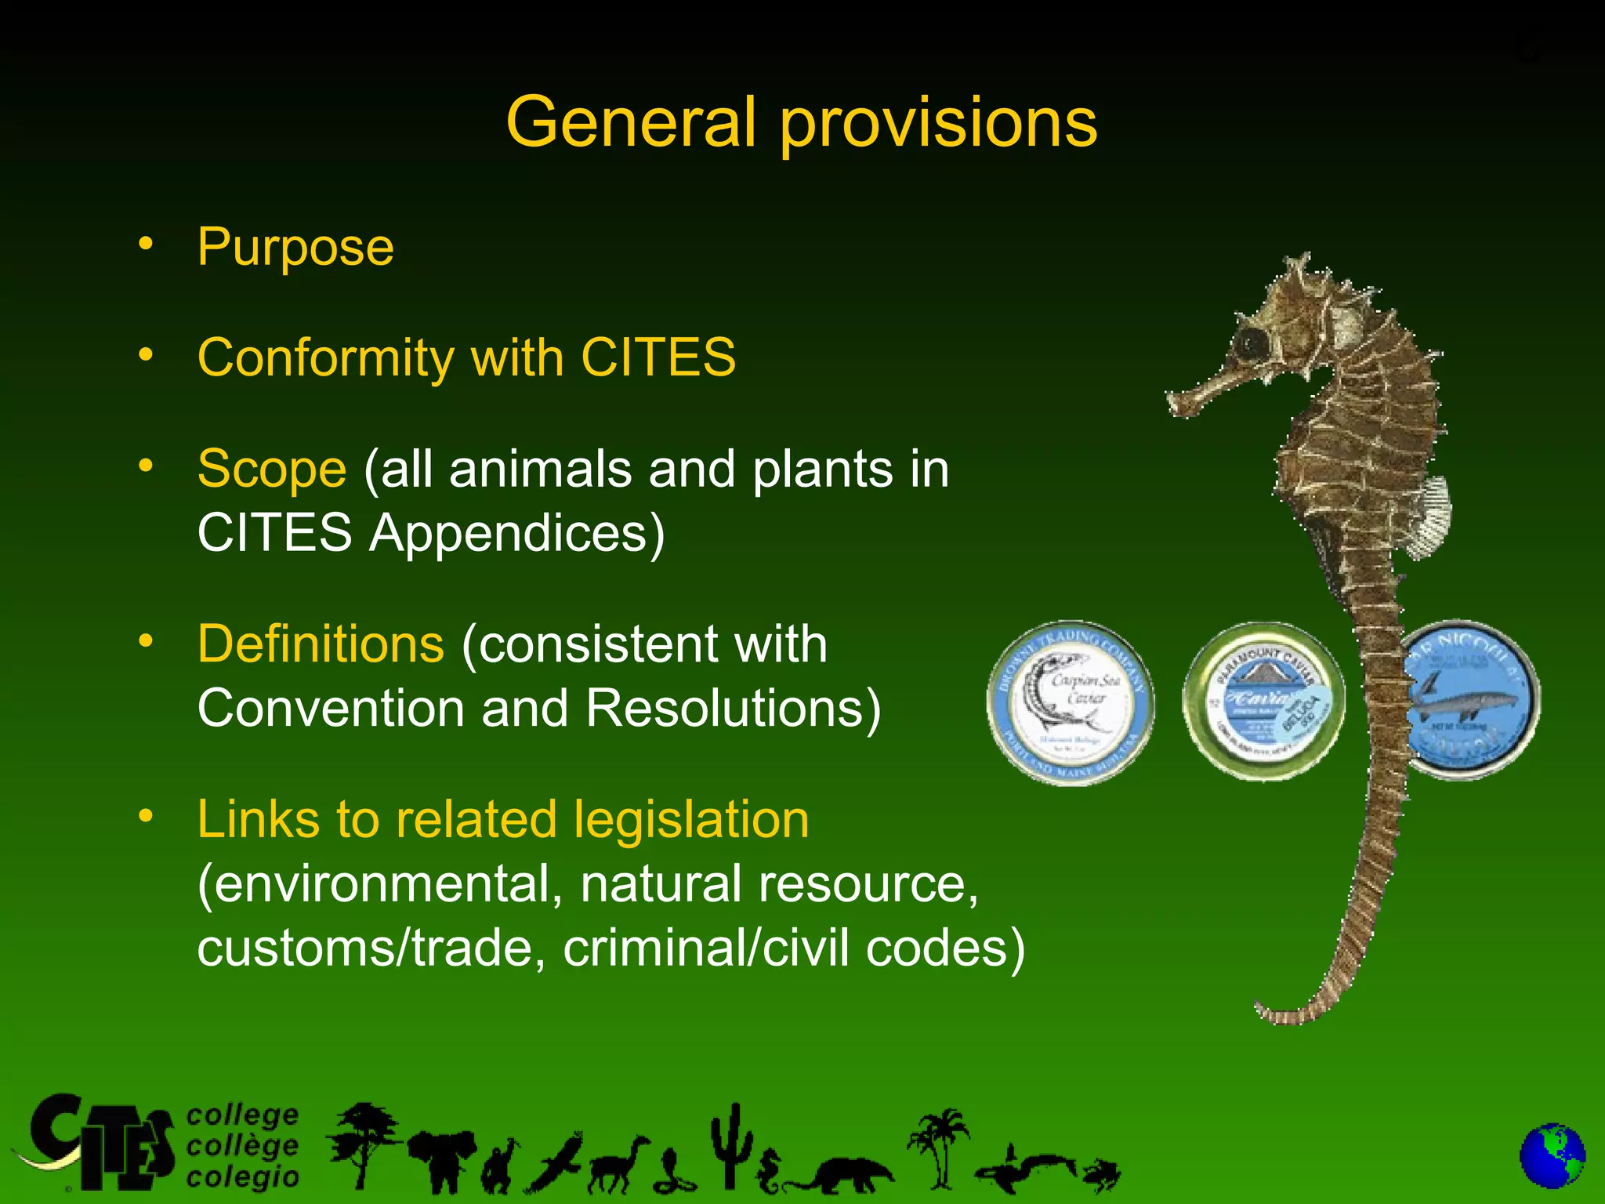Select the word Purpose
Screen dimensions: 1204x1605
coord(295,248)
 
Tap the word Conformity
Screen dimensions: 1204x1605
coord(325,358)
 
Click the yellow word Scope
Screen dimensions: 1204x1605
coord(271,469)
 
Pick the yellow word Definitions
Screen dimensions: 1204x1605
coord(321,644)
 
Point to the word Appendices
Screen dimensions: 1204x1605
coord(516,533)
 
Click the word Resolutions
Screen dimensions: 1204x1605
coord(733,709)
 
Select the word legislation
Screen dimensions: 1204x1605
coord(690,820)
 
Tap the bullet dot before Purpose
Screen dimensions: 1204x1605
coord(146,244)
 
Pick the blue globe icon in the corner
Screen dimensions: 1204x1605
coord(1552,1156)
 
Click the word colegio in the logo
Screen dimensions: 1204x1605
coord(243,1177)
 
